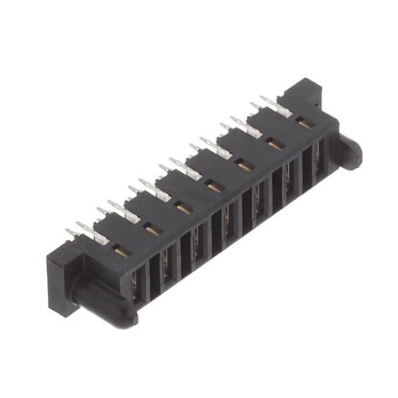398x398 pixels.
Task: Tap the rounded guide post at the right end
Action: [348, 151]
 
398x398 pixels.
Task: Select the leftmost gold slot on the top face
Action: [123, 250]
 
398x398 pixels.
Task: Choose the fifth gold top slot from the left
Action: [244, 165]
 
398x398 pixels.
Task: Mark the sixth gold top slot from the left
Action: [275, 144]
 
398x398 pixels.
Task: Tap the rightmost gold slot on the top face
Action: [305, 123]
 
